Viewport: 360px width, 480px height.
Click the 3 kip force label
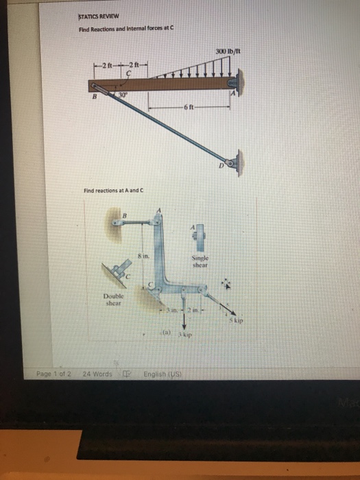(x=184, y=339)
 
